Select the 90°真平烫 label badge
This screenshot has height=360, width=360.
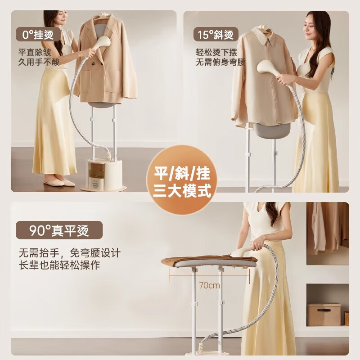point(59,231)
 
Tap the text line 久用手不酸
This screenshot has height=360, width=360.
point(39,62)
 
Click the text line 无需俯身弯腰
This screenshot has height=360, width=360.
point(220,62)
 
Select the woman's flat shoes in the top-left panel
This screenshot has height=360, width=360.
point(60,183)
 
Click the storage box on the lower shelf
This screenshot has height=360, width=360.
point(324,314)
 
